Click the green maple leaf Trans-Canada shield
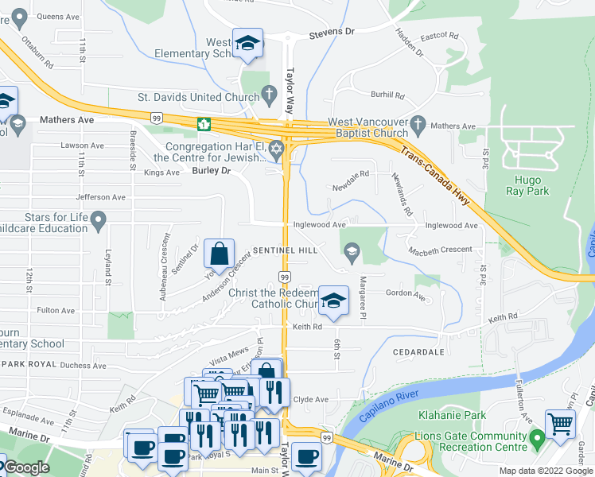204,123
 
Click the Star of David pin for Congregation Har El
277,149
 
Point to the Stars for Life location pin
99,220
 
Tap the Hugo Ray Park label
527,185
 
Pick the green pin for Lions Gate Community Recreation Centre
537,436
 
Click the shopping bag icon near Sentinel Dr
219,254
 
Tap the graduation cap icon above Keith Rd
334,301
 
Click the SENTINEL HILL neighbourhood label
286,250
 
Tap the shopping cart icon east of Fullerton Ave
560,424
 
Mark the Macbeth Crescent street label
440,250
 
